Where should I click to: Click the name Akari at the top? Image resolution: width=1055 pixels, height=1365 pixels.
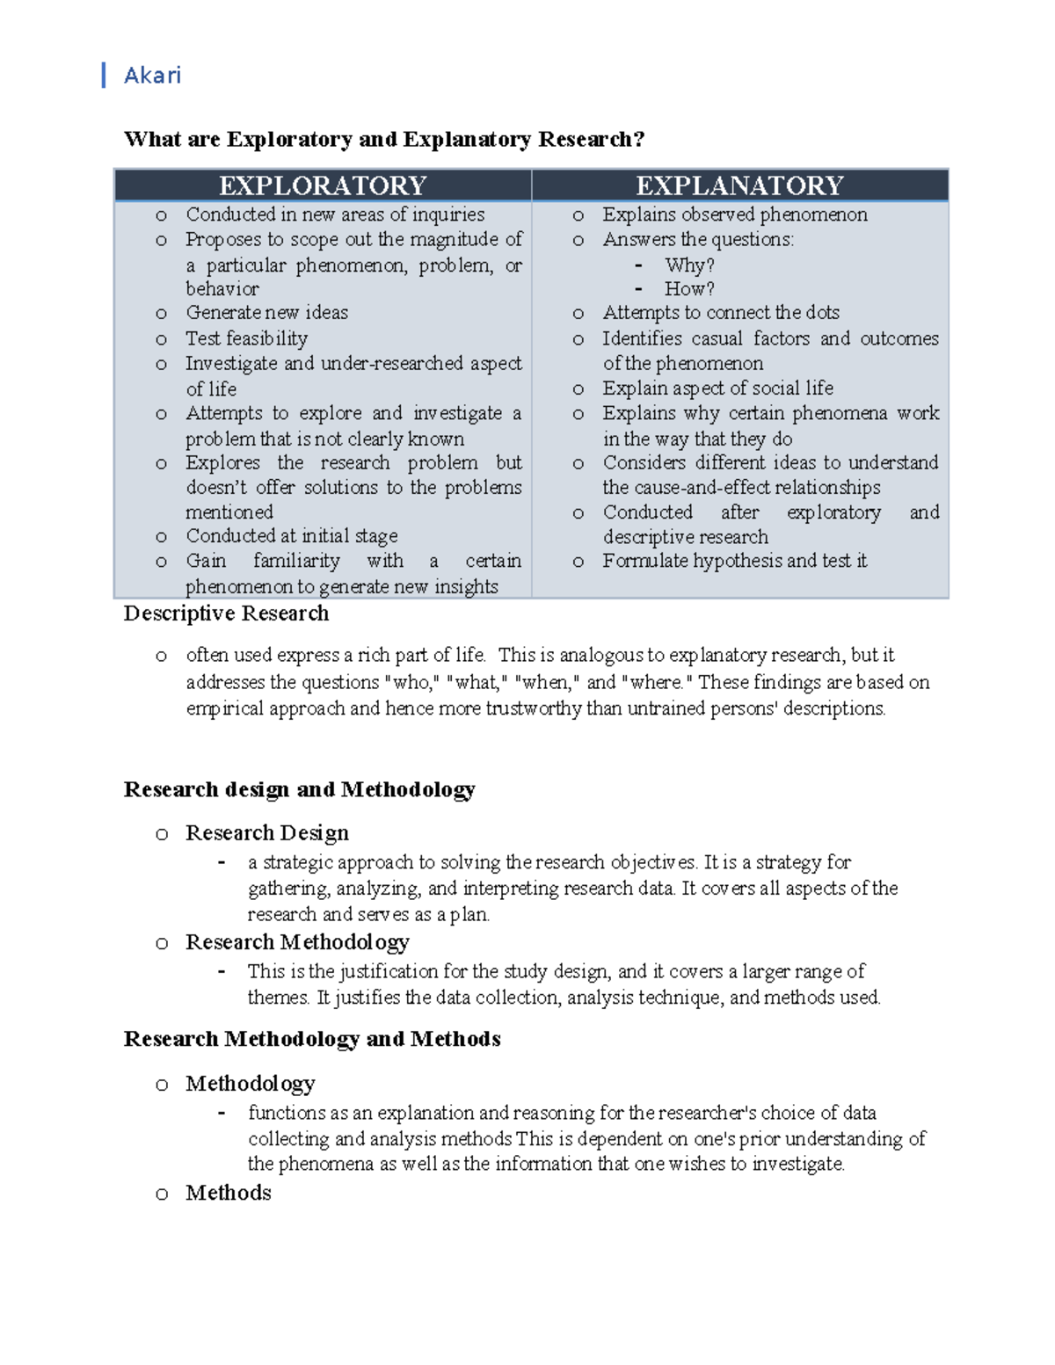152,76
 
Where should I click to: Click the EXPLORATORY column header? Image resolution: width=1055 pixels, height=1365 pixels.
323,185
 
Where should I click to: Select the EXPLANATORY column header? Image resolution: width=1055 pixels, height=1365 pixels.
739,185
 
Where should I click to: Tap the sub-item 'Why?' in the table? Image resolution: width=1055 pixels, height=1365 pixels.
689,265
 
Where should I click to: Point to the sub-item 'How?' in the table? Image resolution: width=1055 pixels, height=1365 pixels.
689,288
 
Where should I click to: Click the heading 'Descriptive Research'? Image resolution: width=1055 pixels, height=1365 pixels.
226,614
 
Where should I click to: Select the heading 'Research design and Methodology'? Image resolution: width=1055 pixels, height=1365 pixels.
299,789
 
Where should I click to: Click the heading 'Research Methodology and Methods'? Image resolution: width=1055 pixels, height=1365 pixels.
312,1039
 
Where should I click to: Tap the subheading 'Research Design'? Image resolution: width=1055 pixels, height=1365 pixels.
266,832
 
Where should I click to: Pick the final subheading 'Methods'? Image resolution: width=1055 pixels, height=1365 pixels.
228,1193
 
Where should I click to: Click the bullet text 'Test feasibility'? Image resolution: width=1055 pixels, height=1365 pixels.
246,338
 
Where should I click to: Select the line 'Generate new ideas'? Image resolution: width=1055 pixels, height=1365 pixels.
266,313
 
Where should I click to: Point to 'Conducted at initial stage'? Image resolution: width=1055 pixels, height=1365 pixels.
291,536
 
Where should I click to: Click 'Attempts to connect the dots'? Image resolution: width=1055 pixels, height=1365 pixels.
720,313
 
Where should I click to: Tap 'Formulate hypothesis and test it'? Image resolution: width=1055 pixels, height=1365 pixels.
734,561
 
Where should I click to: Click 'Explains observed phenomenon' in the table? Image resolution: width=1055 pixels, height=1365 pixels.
734,214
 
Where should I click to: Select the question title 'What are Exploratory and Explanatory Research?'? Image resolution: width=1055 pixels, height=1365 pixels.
384,139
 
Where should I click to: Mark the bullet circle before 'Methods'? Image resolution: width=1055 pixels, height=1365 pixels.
162,1194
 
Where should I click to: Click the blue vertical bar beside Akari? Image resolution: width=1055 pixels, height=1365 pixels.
104,76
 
